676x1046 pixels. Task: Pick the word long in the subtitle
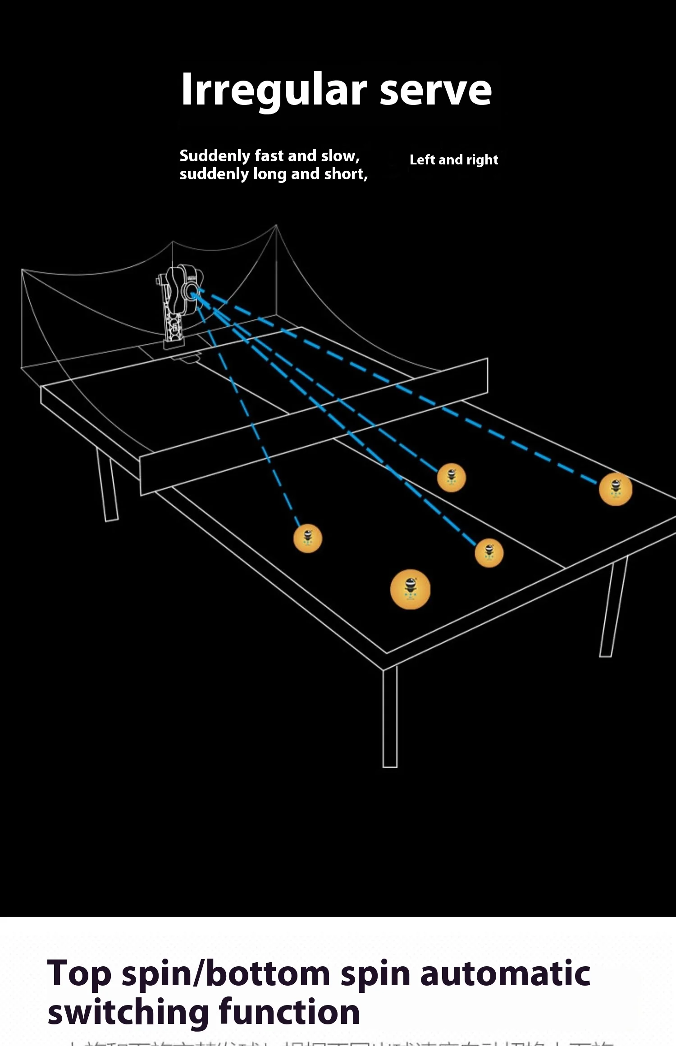(270, 174)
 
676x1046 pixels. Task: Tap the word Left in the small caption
(422, 160)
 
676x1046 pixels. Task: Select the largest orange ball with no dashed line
(410, 590)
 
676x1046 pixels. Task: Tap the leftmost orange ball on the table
(308, 538)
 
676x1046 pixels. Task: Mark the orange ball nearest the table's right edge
(616, 489)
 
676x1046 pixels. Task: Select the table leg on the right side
(613, 608)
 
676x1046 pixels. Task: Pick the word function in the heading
(289, 1012)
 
